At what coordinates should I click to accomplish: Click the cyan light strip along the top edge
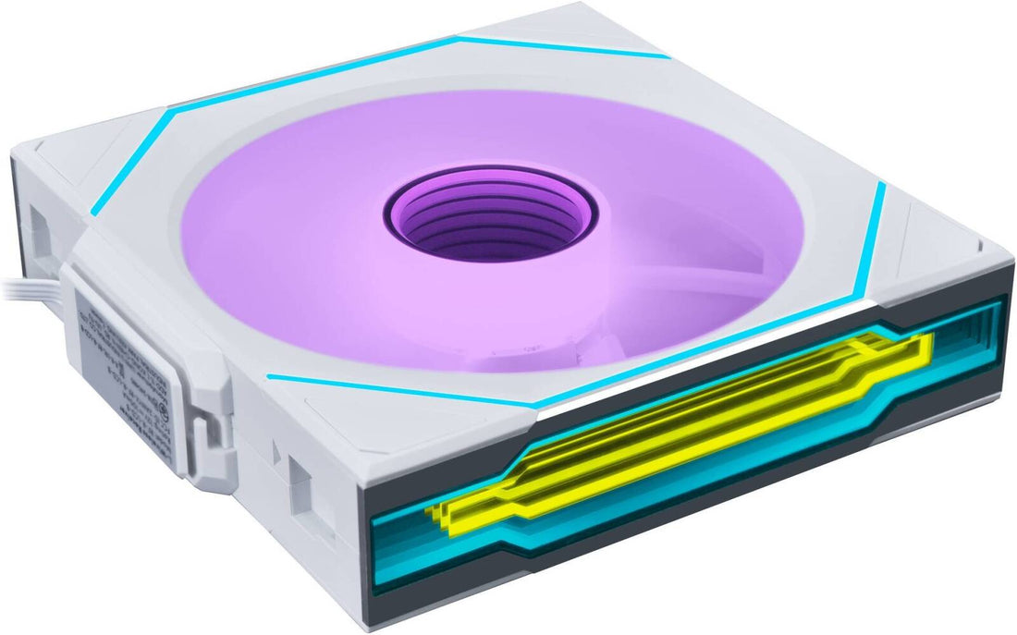[x=564, y=46]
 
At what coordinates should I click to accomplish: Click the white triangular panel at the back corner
[x=592, y=28]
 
